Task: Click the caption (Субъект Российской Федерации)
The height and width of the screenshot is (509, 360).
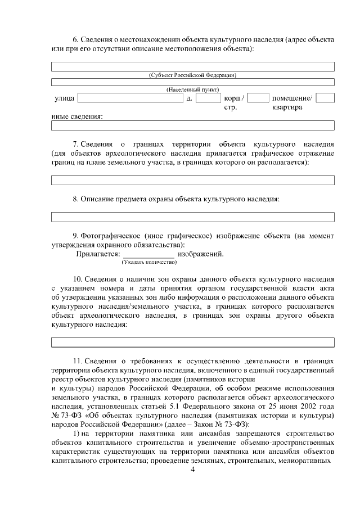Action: coord(192,75)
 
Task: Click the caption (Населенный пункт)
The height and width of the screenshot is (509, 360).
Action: coord(192,90)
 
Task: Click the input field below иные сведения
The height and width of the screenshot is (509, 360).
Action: coord(192,125)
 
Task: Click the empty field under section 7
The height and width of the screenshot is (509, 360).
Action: coord(192,180)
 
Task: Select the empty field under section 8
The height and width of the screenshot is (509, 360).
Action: coord(192,217)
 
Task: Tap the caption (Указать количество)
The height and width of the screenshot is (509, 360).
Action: coord(148,262)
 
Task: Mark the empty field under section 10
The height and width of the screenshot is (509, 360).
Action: coord(192,342)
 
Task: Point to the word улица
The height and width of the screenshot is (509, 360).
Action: coord(64,99)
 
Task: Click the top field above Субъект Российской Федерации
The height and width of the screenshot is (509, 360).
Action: coord(192,66)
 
